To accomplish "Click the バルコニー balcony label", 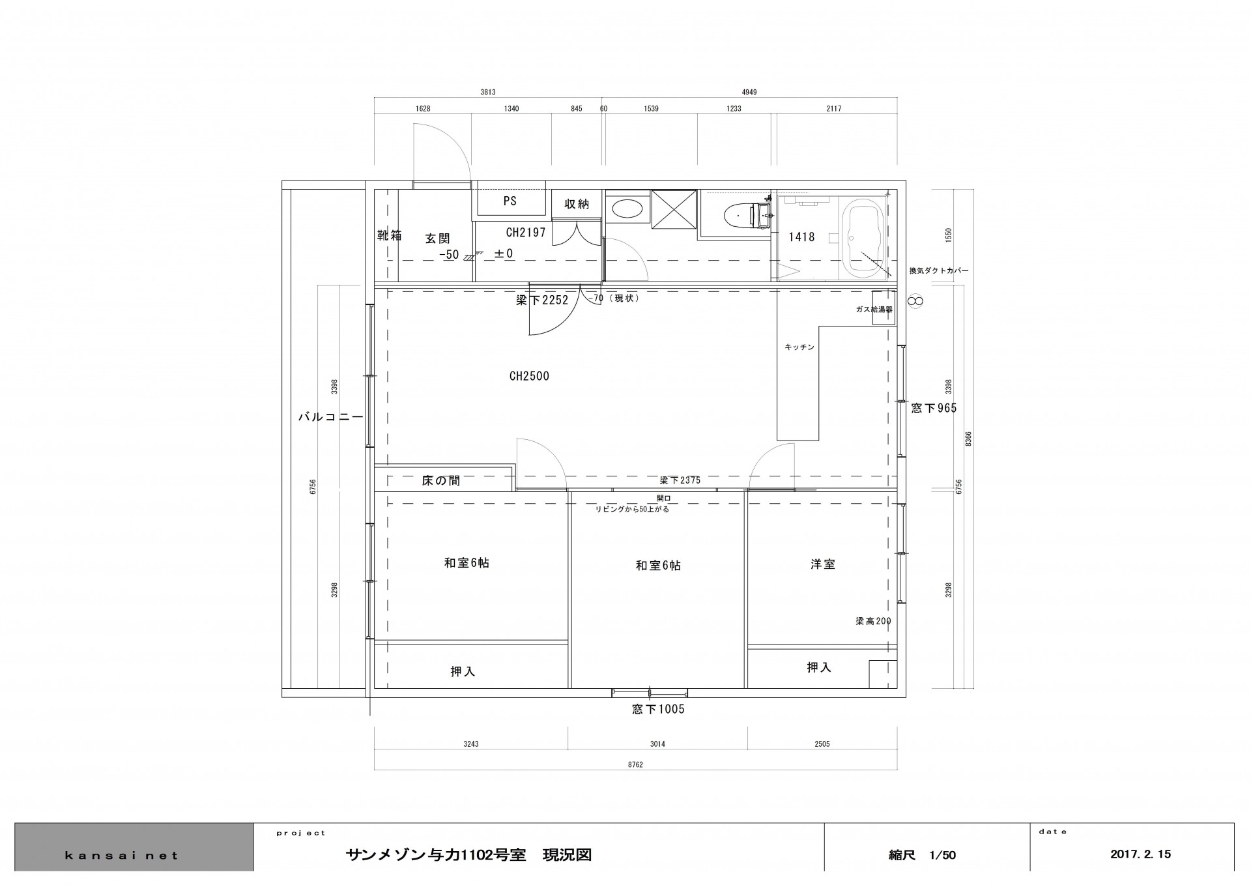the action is point(330,417).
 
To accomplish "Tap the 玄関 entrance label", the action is point(438,239).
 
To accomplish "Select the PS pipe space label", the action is point(510,201).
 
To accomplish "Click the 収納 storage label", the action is point(577,204).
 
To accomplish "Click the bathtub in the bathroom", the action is point(863,239).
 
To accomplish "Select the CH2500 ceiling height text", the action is point(529,376).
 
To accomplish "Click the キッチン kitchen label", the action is point(799,347).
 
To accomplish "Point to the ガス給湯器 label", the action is point(874,310).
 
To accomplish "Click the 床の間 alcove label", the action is point(441,481).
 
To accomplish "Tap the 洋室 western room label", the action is point(823,564).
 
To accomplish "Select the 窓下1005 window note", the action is point(658,709).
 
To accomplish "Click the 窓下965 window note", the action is point(934,409).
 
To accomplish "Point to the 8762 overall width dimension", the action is point(635,764).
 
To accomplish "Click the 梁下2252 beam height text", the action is point(542,300).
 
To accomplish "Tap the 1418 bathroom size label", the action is point(801,237).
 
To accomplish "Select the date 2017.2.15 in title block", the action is point(1140,854).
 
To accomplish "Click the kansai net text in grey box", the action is point(121,856).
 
